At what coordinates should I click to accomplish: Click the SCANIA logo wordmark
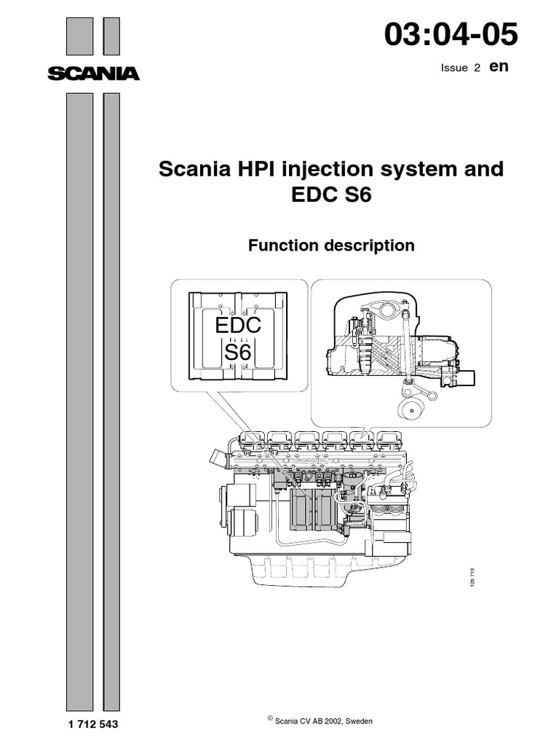click(x=93, y=73)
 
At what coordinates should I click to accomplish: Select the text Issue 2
click(x=461, y=67)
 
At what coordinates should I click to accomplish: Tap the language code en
click(x=498, y=66)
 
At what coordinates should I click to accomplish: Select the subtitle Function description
click(x=331, y=246)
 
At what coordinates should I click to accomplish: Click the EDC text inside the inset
click(x=238, y=326)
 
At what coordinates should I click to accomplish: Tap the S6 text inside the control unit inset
click(x=237, y=353)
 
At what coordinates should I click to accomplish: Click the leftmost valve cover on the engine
click(x=251, y=439)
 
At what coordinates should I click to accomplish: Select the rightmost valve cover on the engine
click(x=386, y=439)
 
